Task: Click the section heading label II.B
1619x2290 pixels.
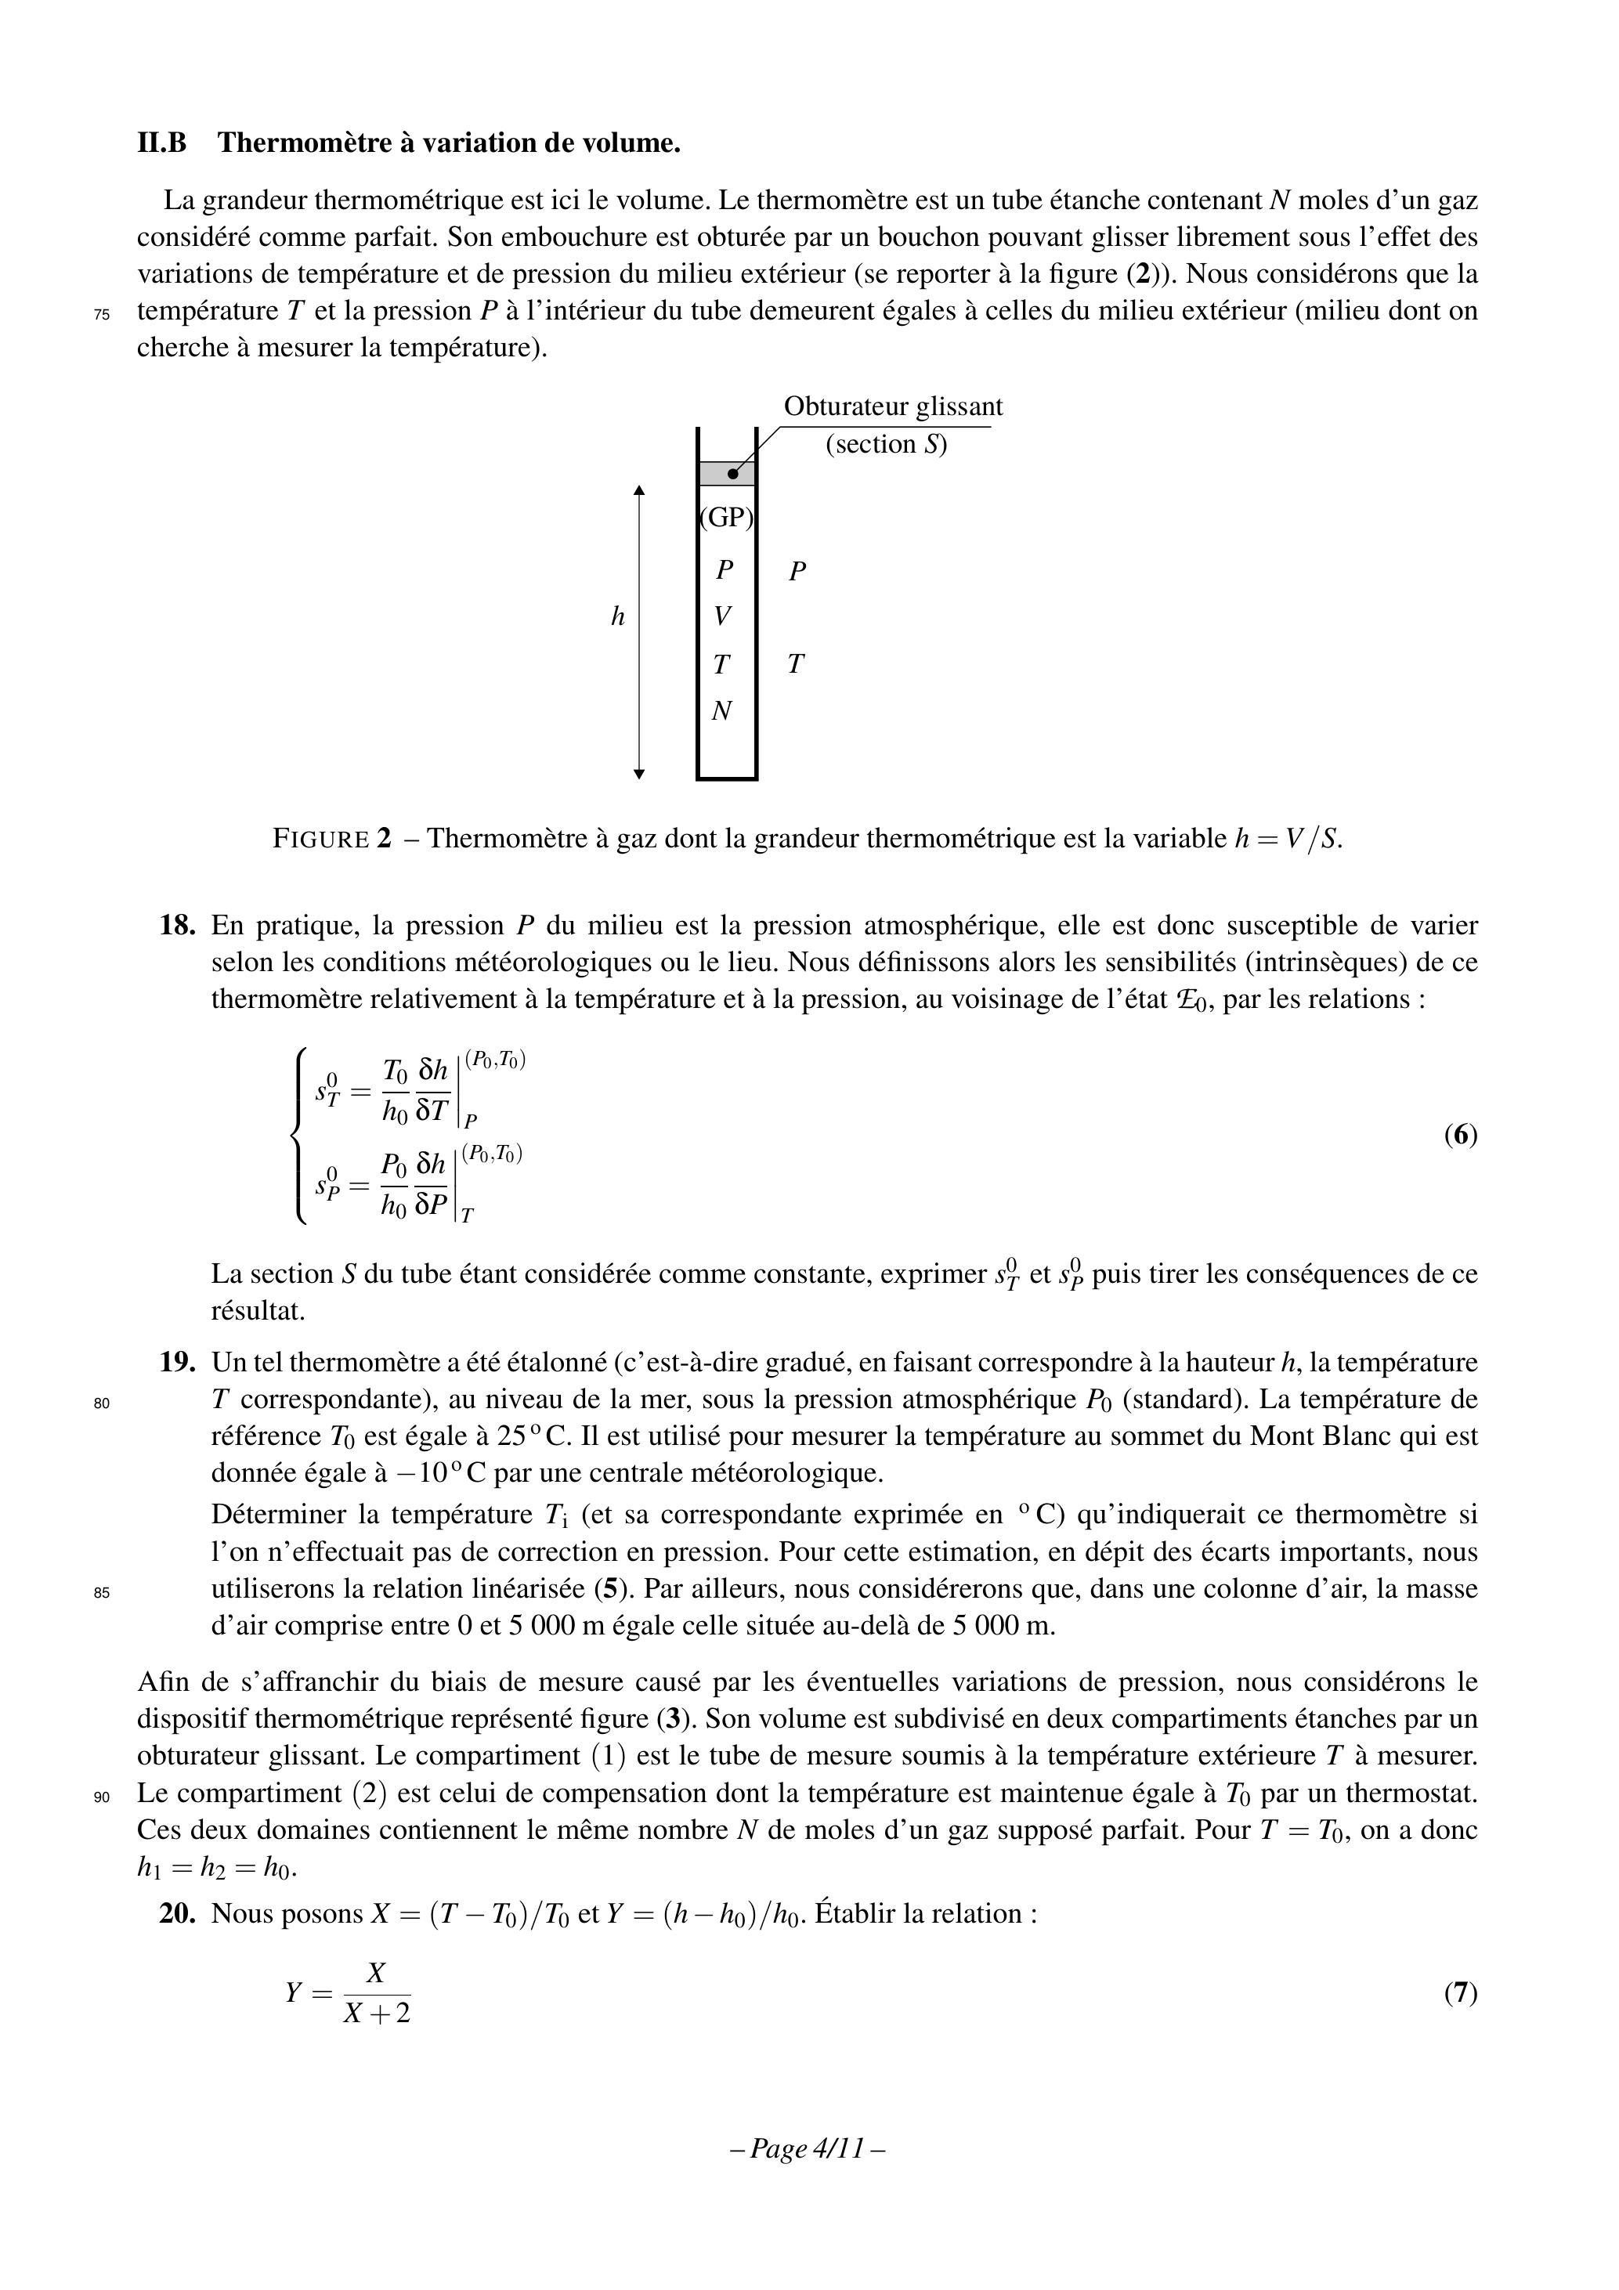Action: [x=161, y=143]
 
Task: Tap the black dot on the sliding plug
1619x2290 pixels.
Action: [x=733, y=474]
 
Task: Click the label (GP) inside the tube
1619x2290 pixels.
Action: [x=726, y=518]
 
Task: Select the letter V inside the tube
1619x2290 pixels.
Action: [x=723, y=616]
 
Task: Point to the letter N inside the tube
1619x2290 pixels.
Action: [x=722, y=711]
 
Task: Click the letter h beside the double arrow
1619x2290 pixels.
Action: [x=617, y=617]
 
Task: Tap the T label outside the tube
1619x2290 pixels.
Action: [x=795, y=664]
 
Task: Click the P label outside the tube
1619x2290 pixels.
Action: [x=797, y=572]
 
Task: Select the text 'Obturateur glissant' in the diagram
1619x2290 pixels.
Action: [x=893, y=407]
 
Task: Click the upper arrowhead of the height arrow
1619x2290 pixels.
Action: [x=639, y=489]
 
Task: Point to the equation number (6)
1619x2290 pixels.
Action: [x=1461, y=1135]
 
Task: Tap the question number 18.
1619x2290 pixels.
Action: [x=176, y=926]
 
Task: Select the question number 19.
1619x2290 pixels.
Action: [x=176, y=1363]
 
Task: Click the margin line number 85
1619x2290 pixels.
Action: [x=102, y=1593]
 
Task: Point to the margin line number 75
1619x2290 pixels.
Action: [x=102, y=314]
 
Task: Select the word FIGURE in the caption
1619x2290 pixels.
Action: [x=320, y=839]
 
